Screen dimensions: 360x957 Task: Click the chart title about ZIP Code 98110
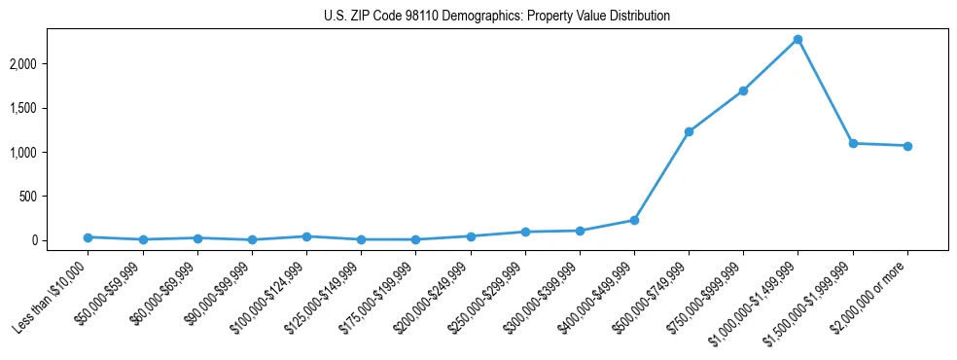[497, 17]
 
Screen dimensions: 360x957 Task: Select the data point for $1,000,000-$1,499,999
[797, 39]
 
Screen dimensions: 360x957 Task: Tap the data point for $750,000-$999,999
[743, 90]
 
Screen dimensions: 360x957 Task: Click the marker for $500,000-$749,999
[689, 131]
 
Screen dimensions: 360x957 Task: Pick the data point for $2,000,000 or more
[907, 146]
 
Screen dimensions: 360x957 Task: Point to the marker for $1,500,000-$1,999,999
[853, 143]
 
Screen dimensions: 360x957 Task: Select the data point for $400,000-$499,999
[634, 220]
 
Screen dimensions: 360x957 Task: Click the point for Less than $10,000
[89, 237]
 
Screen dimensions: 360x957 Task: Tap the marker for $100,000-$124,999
[306, 236]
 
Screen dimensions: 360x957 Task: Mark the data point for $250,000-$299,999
[525, 232]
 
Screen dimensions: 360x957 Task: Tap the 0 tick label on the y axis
[61, 240]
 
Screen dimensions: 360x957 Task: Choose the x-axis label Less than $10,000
[53, 296]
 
